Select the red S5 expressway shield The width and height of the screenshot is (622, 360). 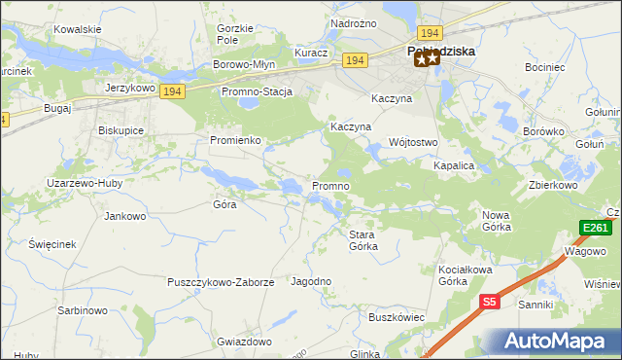click(x=490, y=303)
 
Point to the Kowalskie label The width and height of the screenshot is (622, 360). click(x=78, y=29)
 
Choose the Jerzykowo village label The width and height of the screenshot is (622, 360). click(x=131, y=87)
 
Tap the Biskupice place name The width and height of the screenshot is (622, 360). click(x=121, y=129)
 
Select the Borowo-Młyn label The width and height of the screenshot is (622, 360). click(x=245, y=65)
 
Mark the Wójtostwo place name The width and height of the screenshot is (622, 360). click(x=415, y=141)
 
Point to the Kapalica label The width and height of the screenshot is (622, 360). click(x=453, y=165)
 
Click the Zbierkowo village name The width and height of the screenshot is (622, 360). click(x=553, y=185)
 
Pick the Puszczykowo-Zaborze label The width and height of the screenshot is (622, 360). click(x=222, y=282)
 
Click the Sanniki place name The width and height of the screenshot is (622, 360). click(x=536, y=305)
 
